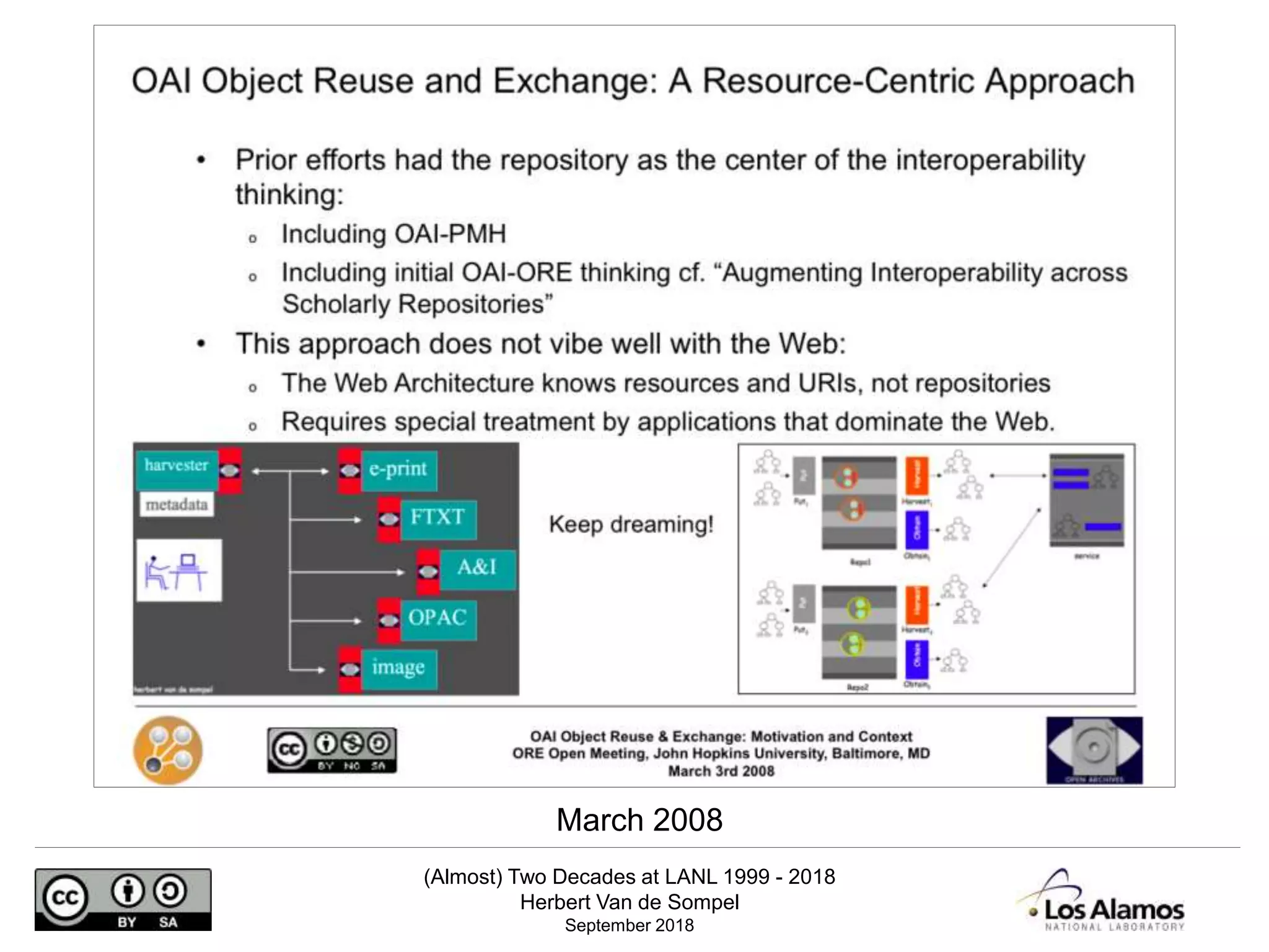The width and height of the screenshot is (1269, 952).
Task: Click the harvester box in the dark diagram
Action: tap(177, 465)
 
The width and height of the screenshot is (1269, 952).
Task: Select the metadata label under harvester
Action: tap(177, 505)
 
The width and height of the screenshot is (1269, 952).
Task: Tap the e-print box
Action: tap(398, 469)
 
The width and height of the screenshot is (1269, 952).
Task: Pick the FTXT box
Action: tap(437, 518)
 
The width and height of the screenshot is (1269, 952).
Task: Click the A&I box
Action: tap(476, 567)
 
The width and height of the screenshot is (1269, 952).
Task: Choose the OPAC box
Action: tap(437, 618)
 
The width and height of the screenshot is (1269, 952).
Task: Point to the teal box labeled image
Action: tap(398, 668)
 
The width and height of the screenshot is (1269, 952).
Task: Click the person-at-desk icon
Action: tap(178, 570)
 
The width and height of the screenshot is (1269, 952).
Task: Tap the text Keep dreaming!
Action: tap(631, 525)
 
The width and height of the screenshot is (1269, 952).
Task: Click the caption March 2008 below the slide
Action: tap(639, 820)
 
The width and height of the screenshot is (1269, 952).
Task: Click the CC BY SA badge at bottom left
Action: tap(123, 899)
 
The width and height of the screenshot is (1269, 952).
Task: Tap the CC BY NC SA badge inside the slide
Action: tap(332, 751)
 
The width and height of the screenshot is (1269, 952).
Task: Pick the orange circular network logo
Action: tap(168, 750)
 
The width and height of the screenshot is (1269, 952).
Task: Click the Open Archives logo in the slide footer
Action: tap(1094, 750)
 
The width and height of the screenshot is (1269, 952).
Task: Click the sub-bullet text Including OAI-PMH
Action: tap(393, 234)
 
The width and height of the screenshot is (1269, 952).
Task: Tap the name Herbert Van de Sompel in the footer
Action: tap(629, 902)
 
